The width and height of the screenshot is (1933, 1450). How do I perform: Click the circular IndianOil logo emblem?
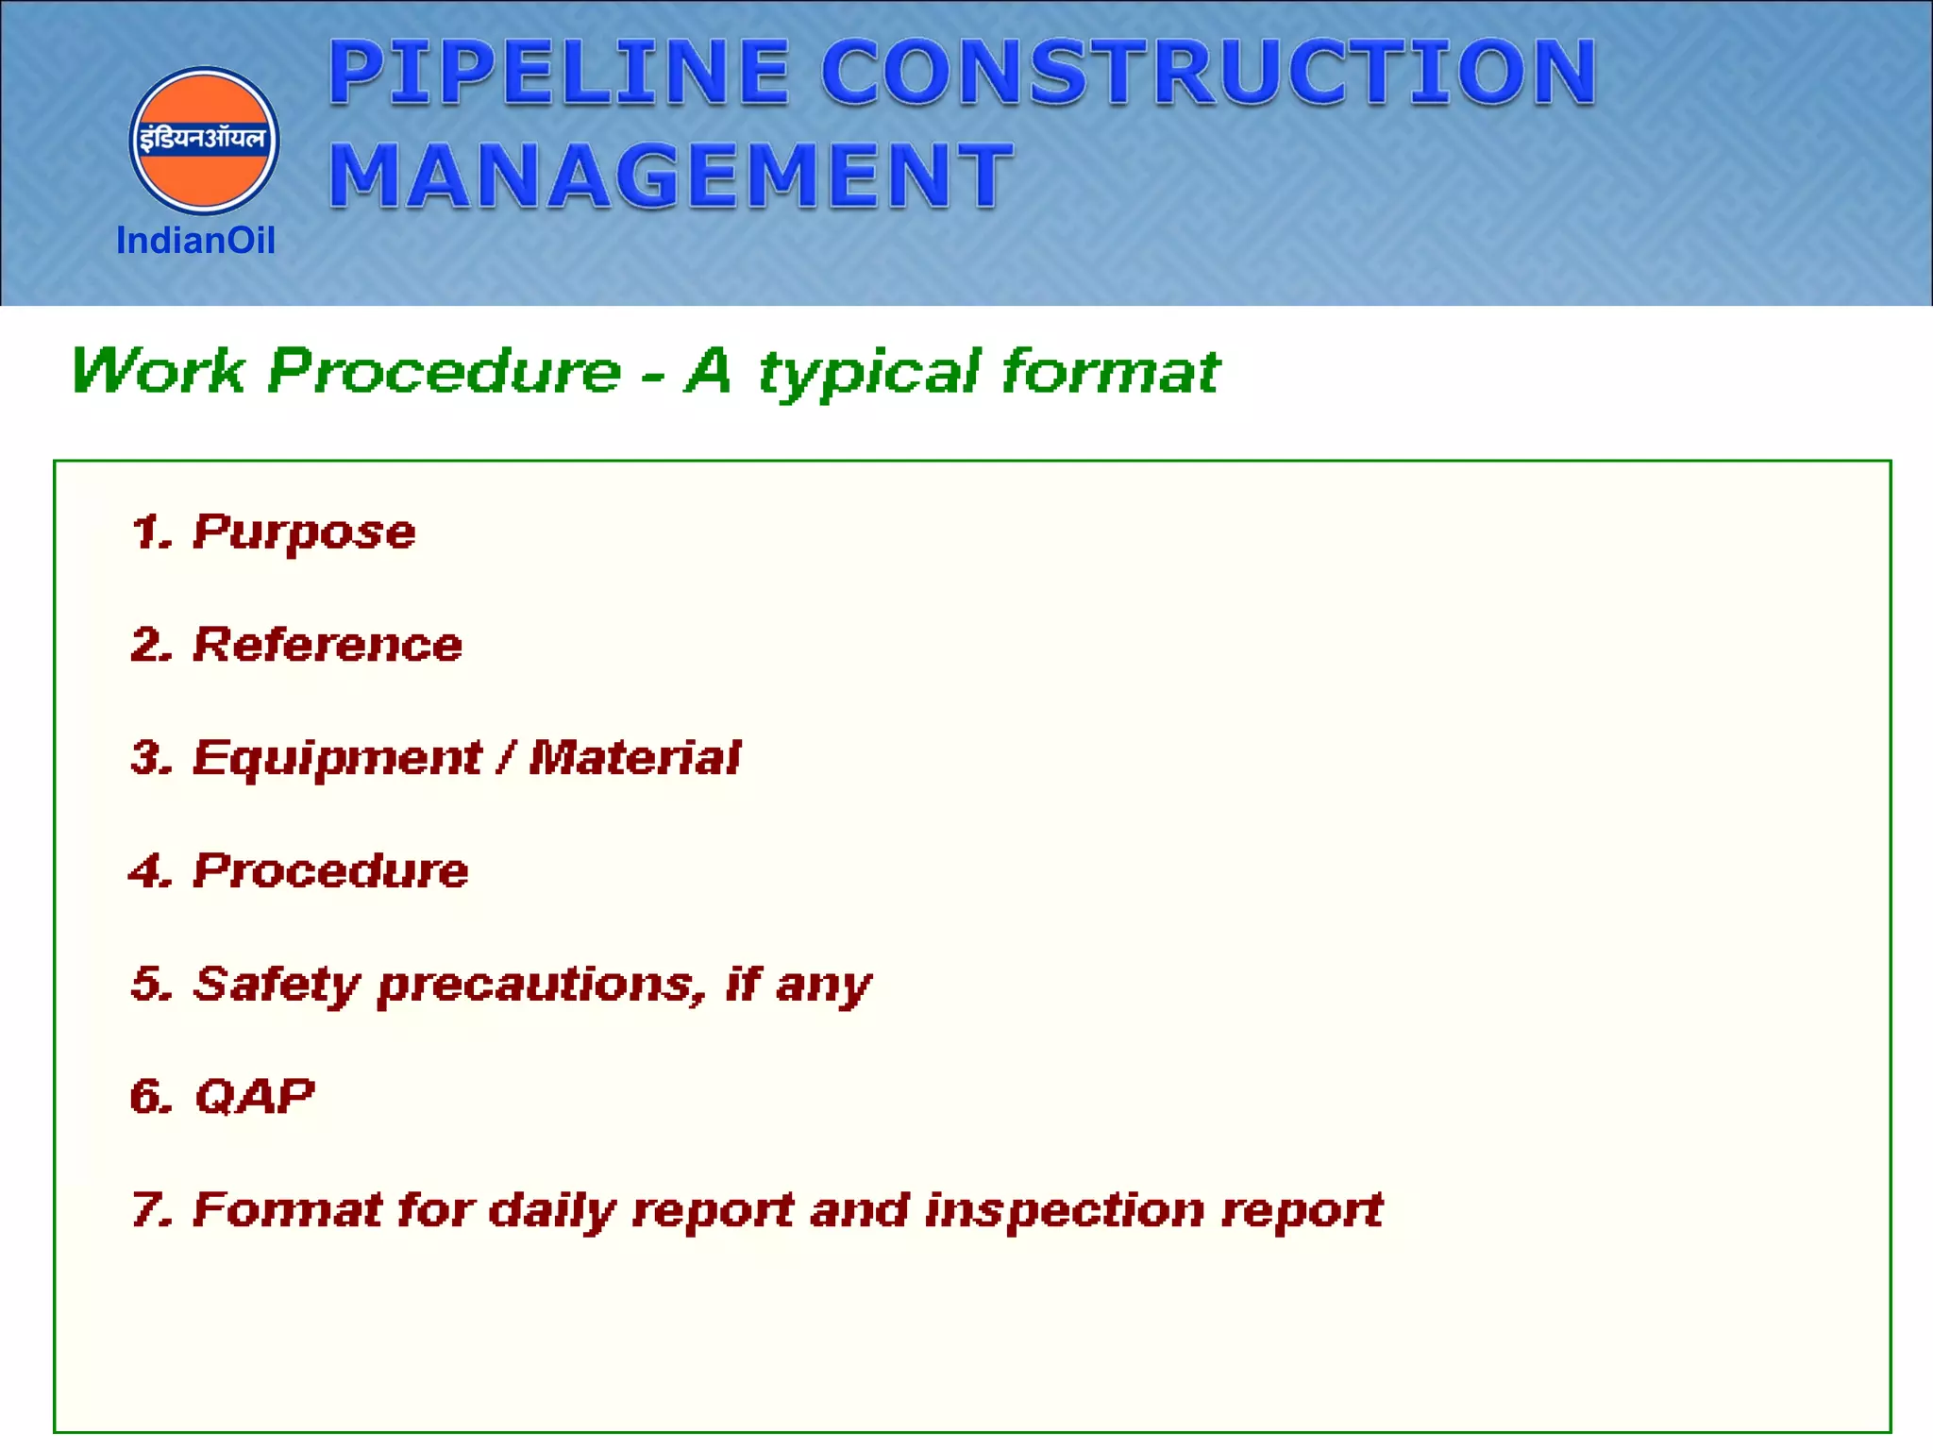tap(204, 140)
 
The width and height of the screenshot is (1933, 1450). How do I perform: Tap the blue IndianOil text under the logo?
tap(195, 242)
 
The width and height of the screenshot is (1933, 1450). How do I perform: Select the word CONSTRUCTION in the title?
tap(1208, 73)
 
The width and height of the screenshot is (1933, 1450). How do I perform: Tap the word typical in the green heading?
tap(869, 372)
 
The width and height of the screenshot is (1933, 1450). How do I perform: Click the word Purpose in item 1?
tap(304, 532)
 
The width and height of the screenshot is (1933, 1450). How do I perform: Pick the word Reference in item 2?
tap(328, 646)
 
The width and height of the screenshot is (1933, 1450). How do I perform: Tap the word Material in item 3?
tap(634, 758)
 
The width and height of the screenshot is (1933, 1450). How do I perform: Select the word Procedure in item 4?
tap(330, 870)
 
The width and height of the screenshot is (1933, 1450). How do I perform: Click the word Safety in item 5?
tap(277, 985)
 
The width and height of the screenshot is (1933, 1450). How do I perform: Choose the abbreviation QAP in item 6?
tap(254, 1097)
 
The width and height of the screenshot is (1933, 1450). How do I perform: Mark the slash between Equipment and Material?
tap(507, 758)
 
